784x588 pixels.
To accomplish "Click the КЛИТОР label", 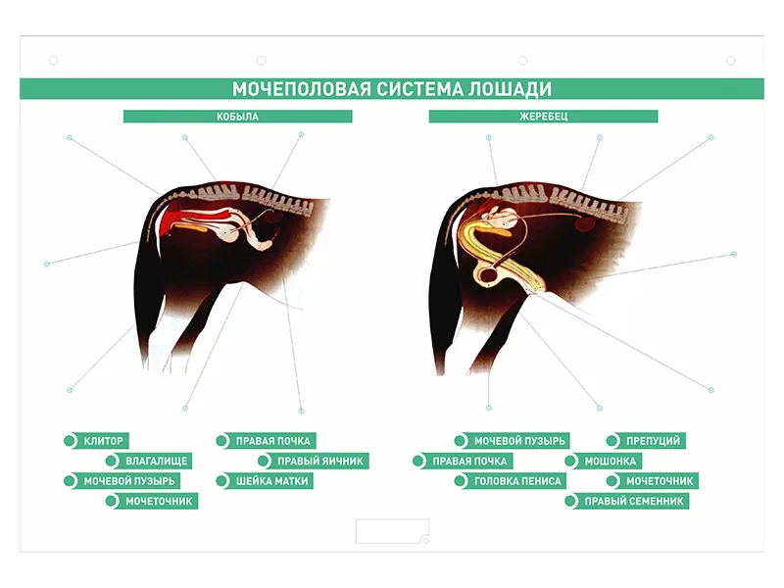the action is point(104,441).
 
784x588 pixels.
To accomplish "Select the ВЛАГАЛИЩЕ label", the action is point(157,461).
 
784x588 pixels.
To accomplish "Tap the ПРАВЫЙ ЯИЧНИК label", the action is point(320,461).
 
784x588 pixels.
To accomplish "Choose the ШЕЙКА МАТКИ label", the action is point(272,481).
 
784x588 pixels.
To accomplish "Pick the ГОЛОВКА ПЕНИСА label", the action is point(517,481).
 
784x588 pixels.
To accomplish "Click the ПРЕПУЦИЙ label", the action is point(654,441).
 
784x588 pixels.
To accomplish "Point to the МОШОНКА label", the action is point(611,461).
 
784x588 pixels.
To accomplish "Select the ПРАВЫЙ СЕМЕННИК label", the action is point(634,501).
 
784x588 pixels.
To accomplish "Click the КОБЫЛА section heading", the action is point(237,117).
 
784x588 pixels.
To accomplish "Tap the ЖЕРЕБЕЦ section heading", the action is point(544,117).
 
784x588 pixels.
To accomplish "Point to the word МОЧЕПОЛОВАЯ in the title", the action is point(302,89).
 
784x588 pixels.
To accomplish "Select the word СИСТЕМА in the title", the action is point(420,89).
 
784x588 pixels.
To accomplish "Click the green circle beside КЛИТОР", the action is point(70,441).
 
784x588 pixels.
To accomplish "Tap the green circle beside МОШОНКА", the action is point(571,461).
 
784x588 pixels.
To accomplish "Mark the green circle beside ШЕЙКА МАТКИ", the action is point(222,481).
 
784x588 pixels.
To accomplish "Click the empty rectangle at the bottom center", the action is point(392,531).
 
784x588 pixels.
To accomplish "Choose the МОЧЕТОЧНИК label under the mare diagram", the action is point(159,501).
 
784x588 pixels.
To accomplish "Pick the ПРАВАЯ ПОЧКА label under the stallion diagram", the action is point(469,461).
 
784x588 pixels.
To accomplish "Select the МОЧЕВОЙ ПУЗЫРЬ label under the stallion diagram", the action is point(519,441).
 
